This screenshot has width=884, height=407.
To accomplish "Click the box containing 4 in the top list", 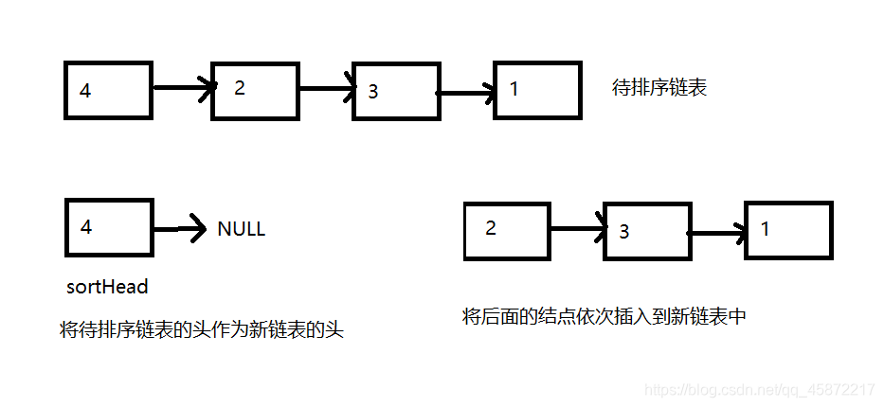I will point(108,91).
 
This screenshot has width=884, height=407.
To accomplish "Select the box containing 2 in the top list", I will point(255,91).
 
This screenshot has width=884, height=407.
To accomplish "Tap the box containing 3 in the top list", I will point(396,92).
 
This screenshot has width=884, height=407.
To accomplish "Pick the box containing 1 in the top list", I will point(537,92).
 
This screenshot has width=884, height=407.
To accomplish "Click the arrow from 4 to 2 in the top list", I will point(182,89).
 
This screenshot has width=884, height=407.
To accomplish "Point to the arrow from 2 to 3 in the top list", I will point(327,90).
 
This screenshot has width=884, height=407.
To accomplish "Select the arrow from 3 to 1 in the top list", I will point(466,93).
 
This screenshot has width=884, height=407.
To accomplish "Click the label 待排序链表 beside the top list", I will point(659,89).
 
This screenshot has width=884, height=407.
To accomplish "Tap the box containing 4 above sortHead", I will point(108,227).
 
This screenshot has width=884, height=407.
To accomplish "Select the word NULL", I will point(241,229).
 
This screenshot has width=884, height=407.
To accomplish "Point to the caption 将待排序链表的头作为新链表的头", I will point(201,331).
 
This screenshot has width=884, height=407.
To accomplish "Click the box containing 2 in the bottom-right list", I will point(506,230).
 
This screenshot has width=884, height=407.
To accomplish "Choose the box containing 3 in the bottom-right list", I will point(646,231).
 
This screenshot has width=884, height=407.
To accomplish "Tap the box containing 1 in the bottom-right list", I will point(787,230).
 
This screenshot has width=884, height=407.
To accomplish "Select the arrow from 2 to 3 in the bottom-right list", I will point(577,228).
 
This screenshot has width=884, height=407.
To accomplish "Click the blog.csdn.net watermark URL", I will point(759,390).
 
